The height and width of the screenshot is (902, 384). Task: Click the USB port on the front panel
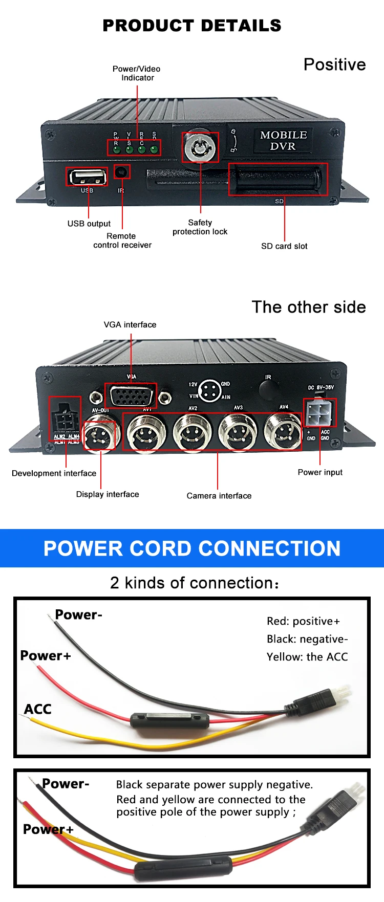coord(87,177)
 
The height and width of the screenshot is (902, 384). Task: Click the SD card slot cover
coord(278,179)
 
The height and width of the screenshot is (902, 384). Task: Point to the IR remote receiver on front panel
coord(122,172)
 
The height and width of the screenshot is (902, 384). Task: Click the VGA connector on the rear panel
coord(131,395)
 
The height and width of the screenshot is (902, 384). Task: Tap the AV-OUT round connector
coord(101,432)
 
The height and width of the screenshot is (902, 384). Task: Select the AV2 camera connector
coord(193,432)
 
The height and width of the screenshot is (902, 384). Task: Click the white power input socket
coord(320,413)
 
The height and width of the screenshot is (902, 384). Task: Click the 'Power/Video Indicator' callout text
coord(137,73)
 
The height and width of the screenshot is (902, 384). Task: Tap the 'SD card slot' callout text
coord(284,246)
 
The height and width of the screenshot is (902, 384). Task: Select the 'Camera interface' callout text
coord(219,496)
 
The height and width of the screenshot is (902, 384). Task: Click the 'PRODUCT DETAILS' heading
coord(192,26)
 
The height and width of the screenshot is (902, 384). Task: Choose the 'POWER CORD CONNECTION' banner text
coord(192,548)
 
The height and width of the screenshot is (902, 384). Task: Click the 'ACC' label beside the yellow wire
coord(38,709)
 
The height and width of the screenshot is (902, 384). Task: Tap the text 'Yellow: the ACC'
coord(307,657)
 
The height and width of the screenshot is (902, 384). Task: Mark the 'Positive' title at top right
coord(335,65)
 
